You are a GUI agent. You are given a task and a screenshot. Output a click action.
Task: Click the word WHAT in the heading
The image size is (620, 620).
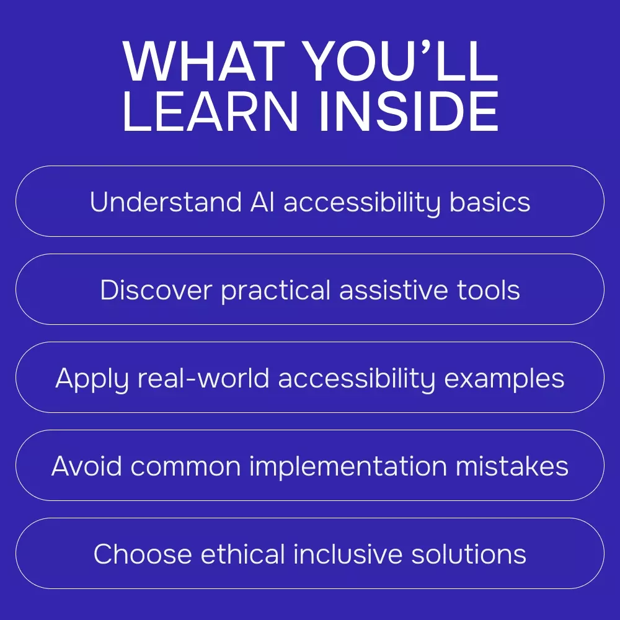203,61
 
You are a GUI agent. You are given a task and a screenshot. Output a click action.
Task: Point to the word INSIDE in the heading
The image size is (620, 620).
409,111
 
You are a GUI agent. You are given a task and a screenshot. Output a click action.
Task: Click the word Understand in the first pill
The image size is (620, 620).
166,202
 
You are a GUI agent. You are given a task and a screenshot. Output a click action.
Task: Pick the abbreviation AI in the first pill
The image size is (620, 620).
262,202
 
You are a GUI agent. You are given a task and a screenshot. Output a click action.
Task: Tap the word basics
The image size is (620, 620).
490,202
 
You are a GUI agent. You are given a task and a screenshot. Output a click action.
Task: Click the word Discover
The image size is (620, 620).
156,290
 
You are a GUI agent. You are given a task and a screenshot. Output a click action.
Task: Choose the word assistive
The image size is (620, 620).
394,290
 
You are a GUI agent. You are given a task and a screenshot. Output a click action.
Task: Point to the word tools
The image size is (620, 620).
489,290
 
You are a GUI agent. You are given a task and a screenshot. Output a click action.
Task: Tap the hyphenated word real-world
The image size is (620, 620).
203,378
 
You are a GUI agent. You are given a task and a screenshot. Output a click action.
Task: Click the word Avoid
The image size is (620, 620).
87,466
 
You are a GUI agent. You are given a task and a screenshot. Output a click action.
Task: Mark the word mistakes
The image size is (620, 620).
512,466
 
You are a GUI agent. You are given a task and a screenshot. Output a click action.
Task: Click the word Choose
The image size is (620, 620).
143,554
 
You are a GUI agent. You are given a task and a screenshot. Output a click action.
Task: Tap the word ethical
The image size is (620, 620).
243,554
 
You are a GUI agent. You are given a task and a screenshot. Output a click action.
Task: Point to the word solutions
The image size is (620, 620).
469,554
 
